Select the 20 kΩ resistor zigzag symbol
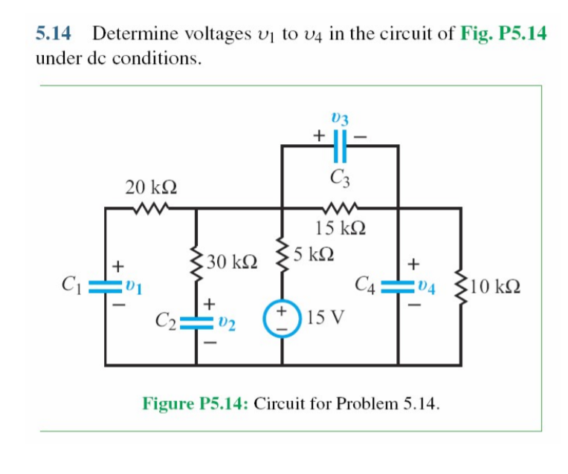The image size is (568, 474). coord(151,209)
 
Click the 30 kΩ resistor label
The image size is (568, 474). coord(233,262)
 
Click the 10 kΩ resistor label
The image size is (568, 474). coord(497,286)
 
